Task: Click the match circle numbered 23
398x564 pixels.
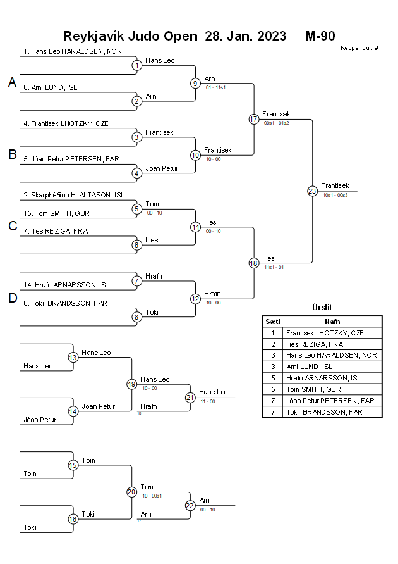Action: point(312,191)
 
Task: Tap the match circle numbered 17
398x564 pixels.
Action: point(254,119)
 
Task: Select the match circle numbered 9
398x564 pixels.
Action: point(195,83)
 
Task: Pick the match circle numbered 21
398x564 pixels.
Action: point(190,398)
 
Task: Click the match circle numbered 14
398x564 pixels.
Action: point(73,411)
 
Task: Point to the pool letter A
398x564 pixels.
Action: point(12,82)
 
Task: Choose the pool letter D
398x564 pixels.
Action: point(12,298)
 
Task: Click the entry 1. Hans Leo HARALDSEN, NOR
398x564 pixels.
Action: point(73,51)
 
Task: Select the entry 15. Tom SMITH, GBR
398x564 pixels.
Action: point(56,213)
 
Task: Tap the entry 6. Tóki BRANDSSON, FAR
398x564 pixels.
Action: point(65,303)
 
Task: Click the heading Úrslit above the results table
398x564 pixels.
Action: point(322,307)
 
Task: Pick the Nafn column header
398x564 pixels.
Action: point(332,322)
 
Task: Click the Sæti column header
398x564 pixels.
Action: point(273,322)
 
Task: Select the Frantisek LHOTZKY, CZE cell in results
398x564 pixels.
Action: point(324,332)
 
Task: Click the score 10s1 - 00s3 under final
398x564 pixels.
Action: point(335,195)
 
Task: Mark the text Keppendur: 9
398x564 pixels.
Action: point(359,48)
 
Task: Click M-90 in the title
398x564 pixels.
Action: point(320,35)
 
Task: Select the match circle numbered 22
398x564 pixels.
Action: point(190,505)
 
